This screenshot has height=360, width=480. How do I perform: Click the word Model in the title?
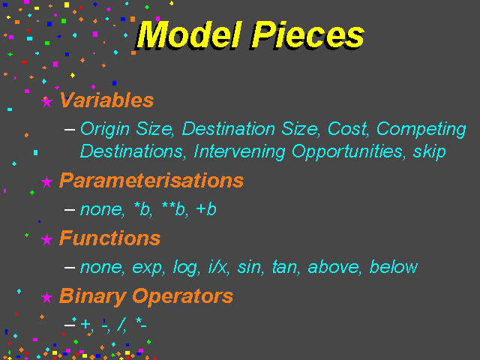tap(189, 34)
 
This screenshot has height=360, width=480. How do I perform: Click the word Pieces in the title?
tap(308, 34)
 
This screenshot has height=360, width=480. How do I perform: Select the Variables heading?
tap(106, 100)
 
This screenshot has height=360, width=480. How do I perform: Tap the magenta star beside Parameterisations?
tap(46, 181)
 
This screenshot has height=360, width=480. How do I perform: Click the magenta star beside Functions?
tap(46, 239)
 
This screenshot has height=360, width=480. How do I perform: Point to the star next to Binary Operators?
tap(46, 297)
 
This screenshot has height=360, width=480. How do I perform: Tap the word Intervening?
tap(239, 152)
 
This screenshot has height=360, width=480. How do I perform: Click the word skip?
tap(429, 152)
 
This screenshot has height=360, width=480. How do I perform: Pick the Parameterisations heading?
tap(151, 180)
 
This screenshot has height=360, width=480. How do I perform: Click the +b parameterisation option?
tap(206, 209)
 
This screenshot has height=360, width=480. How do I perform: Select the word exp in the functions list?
tap(148, 268)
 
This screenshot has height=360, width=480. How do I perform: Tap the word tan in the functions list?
tap(285, 267)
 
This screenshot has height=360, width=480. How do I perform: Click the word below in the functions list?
tap(394, 267)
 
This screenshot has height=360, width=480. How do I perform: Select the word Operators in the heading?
tap(183, 297)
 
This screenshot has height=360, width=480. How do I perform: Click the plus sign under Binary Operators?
tap(85, 324)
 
